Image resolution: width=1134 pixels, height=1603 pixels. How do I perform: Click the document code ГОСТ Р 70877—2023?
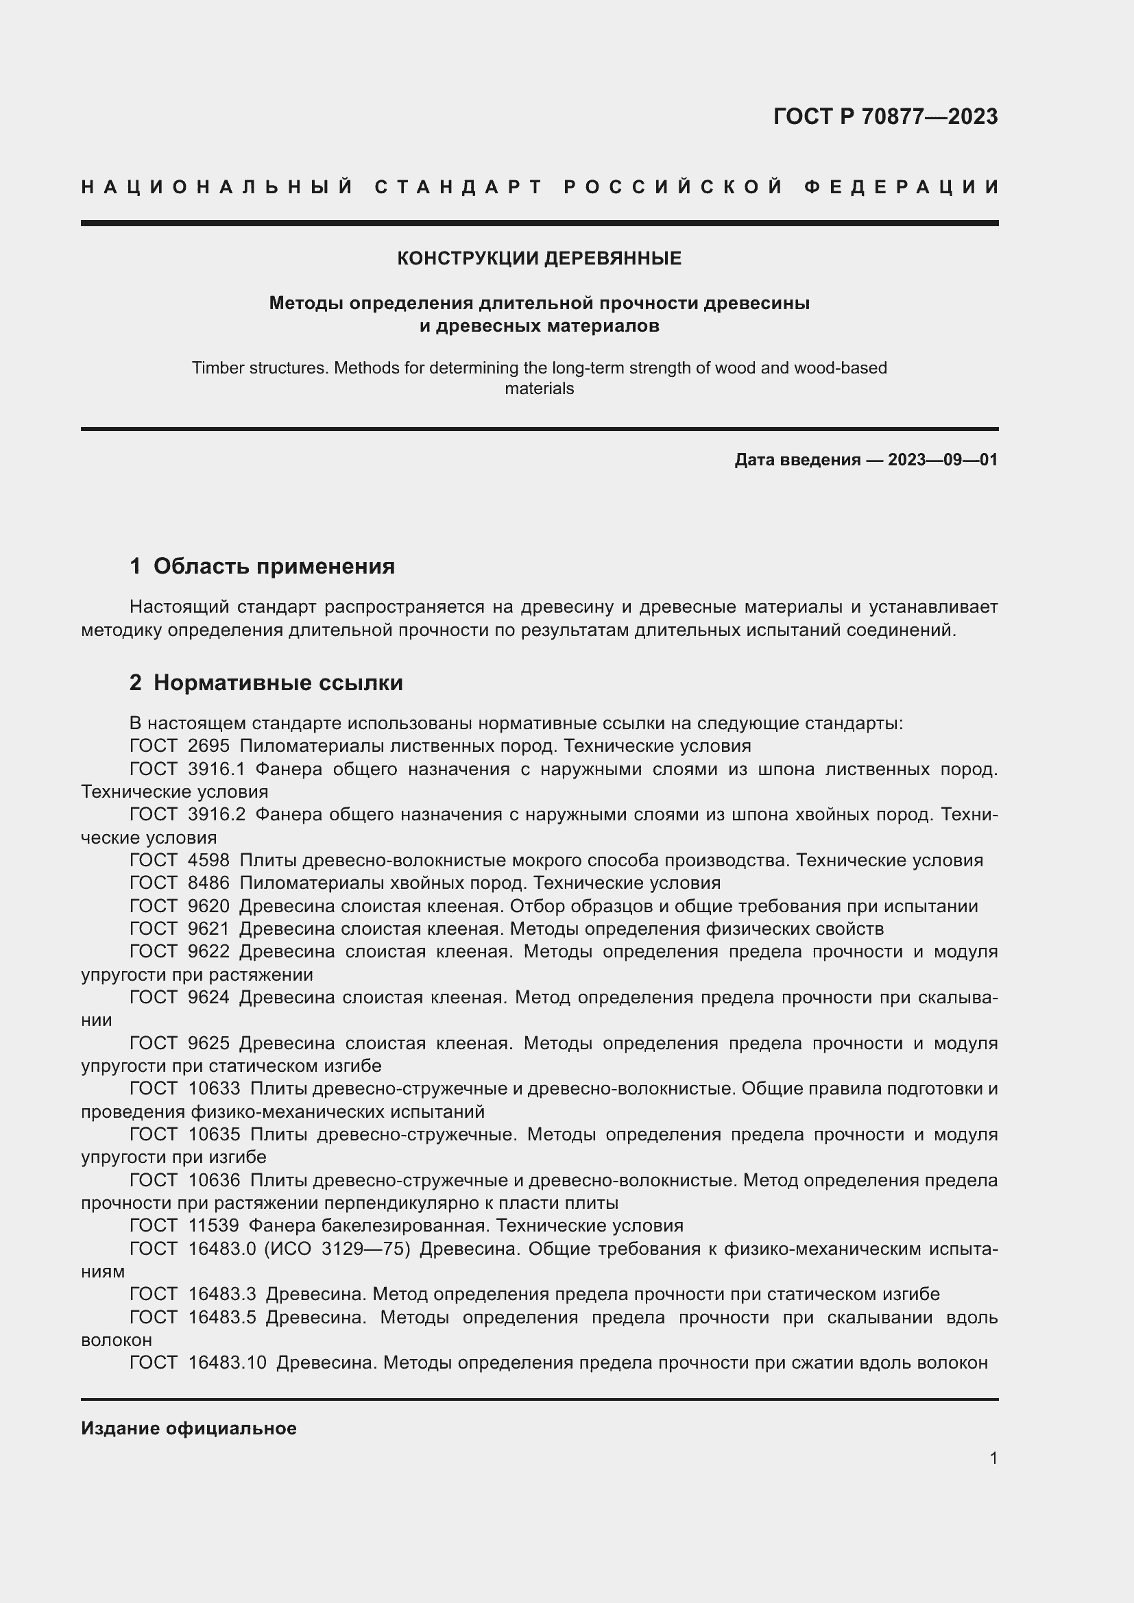[885, 117]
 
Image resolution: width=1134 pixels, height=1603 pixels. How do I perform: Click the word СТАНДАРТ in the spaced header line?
[459, 187]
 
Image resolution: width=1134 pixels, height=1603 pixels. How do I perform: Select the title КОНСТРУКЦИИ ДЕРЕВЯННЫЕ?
[539, 258]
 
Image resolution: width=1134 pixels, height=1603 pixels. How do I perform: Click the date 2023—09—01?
[943, 460]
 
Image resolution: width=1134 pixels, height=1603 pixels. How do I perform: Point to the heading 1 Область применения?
[263, 566]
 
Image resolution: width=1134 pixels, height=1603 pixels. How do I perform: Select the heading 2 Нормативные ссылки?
[266, 683]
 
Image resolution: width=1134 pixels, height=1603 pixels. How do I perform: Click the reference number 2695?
[209, 746]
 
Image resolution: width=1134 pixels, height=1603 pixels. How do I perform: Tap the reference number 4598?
[209, 861]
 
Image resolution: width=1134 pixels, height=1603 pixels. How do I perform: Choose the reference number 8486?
[209, 883]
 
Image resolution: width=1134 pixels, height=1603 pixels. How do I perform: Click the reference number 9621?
[209, 929]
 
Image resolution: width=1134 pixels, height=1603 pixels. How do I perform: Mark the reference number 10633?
[214, 1089]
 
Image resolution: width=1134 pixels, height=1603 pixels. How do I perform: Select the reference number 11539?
[214, 1226]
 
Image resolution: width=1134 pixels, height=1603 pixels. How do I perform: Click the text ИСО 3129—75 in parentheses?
[337, 1249]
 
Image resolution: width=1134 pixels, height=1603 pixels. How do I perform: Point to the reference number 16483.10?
[228, 1363]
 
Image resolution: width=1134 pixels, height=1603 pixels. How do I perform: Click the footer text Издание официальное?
[189, 1428]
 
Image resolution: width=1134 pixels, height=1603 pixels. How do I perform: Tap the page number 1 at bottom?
[993, 1458]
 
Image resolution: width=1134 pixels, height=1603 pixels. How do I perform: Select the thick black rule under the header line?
[539, 223]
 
